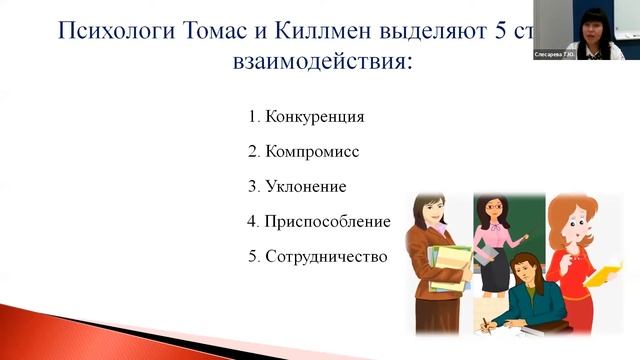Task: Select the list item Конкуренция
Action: click(314, 117)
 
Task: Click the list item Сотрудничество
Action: click(325, 255)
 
